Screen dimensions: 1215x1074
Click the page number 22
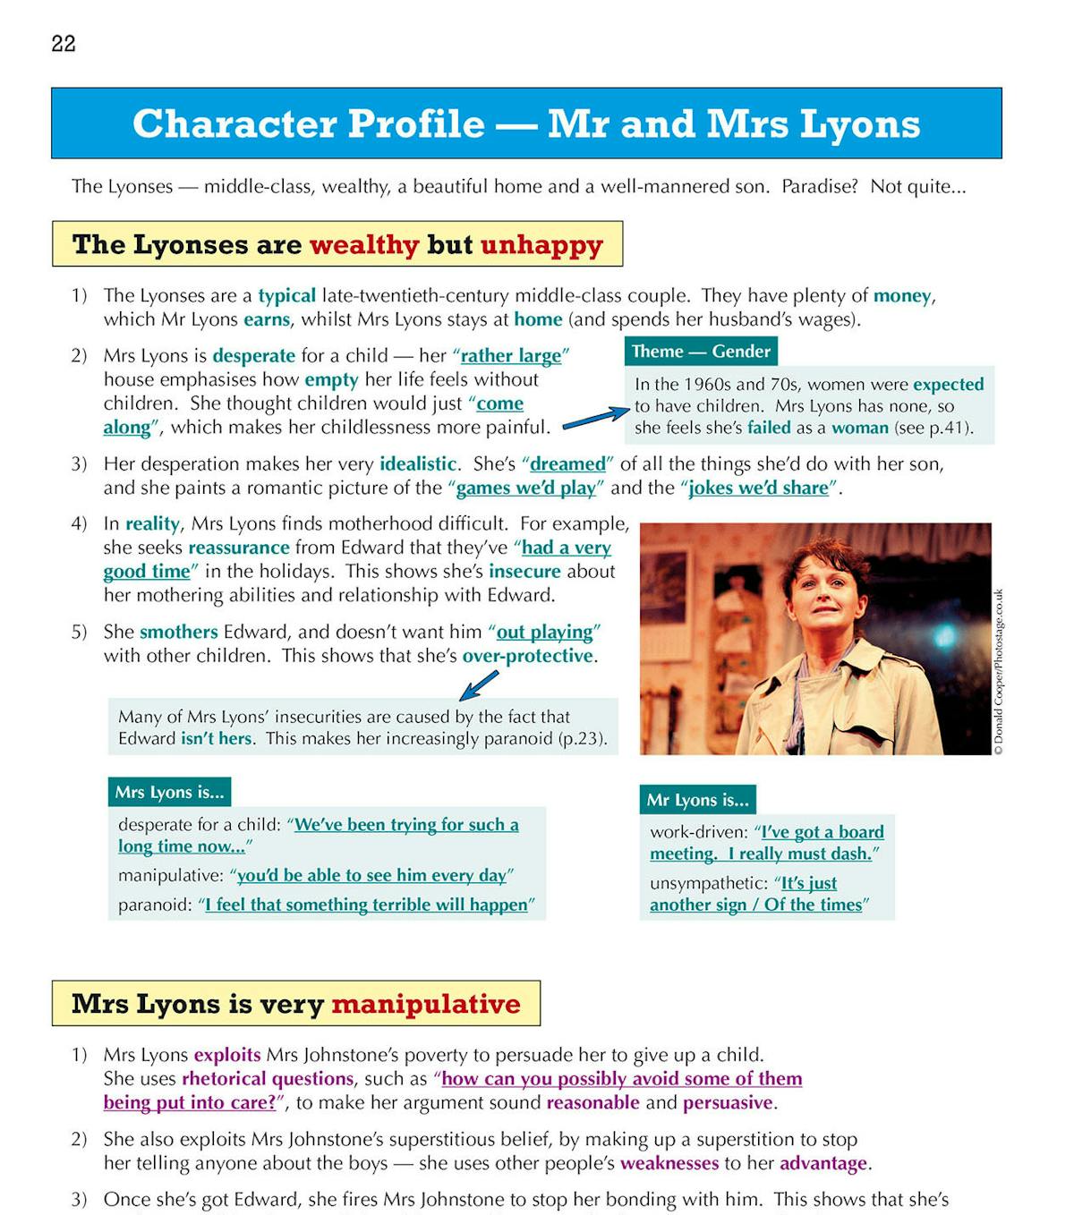64,44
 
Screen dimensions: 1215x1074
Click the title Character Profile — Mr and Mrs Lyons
526,123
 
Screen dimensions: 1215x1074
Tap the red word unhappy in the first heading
541,244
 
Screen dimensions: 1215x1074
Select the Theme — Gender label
701,351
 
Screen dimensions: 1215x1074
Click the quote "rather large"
511,355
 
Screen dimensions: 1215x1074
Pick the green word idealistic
418,463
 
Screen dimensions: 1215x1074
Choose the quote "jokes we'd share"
758,488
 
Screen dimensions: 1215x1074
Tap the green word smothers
178,632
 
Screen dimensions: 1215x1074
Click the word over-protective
528,656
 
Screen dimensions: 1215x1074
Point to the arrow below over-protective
479,685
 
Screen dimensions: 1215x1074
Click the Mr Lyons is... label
697,800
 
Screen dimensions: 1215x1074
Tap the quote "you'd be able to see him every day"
371,875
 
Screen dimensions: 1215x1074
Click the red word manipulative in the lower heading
425,1004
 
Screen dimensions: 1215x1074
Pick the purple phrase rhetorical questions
268,1078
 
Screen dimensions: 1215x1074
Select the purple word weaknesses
669,1163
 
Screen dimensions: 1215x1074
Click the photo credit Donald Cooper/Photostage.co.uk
999,671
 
